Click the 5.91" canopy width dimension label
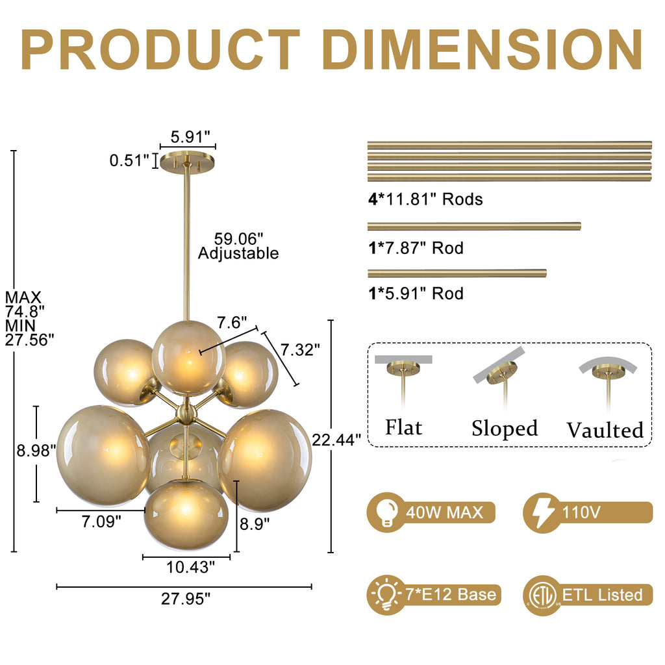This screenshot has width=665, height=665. (190, 137)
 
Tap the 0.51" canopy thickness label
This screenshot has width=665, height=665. (129, 161)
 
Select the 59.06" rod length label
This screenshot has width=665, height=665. (238, 239)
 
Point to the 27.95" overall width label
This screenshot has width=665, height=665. (186, 599)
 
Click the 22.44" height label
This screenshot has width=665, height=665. (336, 440)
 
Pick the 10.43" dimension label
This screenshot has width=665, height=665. (190, 567)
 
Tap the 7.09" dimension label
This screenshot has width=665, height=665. (101, 521)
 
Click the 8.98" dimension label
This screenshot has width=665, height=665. (36, 451)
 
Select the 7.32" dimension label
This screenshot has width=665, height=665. (300, 350)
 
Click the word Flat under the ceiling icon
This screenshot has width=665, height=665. (404, 427)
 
